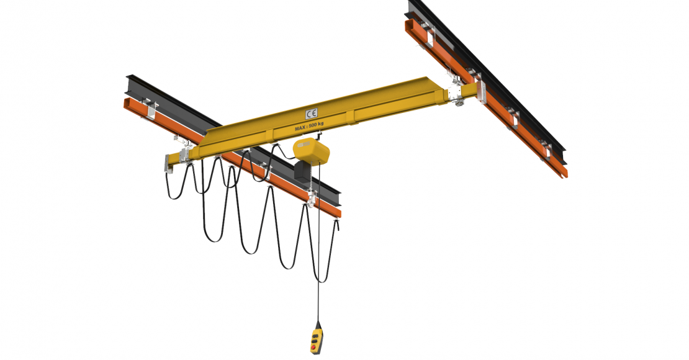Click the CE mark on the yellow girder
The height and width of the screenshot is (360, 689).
point(311,114)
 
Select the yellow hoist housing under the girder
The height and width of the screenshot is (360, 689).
point(310,150)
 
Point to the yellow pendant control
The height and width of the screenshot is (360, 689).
point(317,339)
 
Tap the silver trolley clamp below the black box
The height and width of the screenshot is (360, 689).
point(309,198)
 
